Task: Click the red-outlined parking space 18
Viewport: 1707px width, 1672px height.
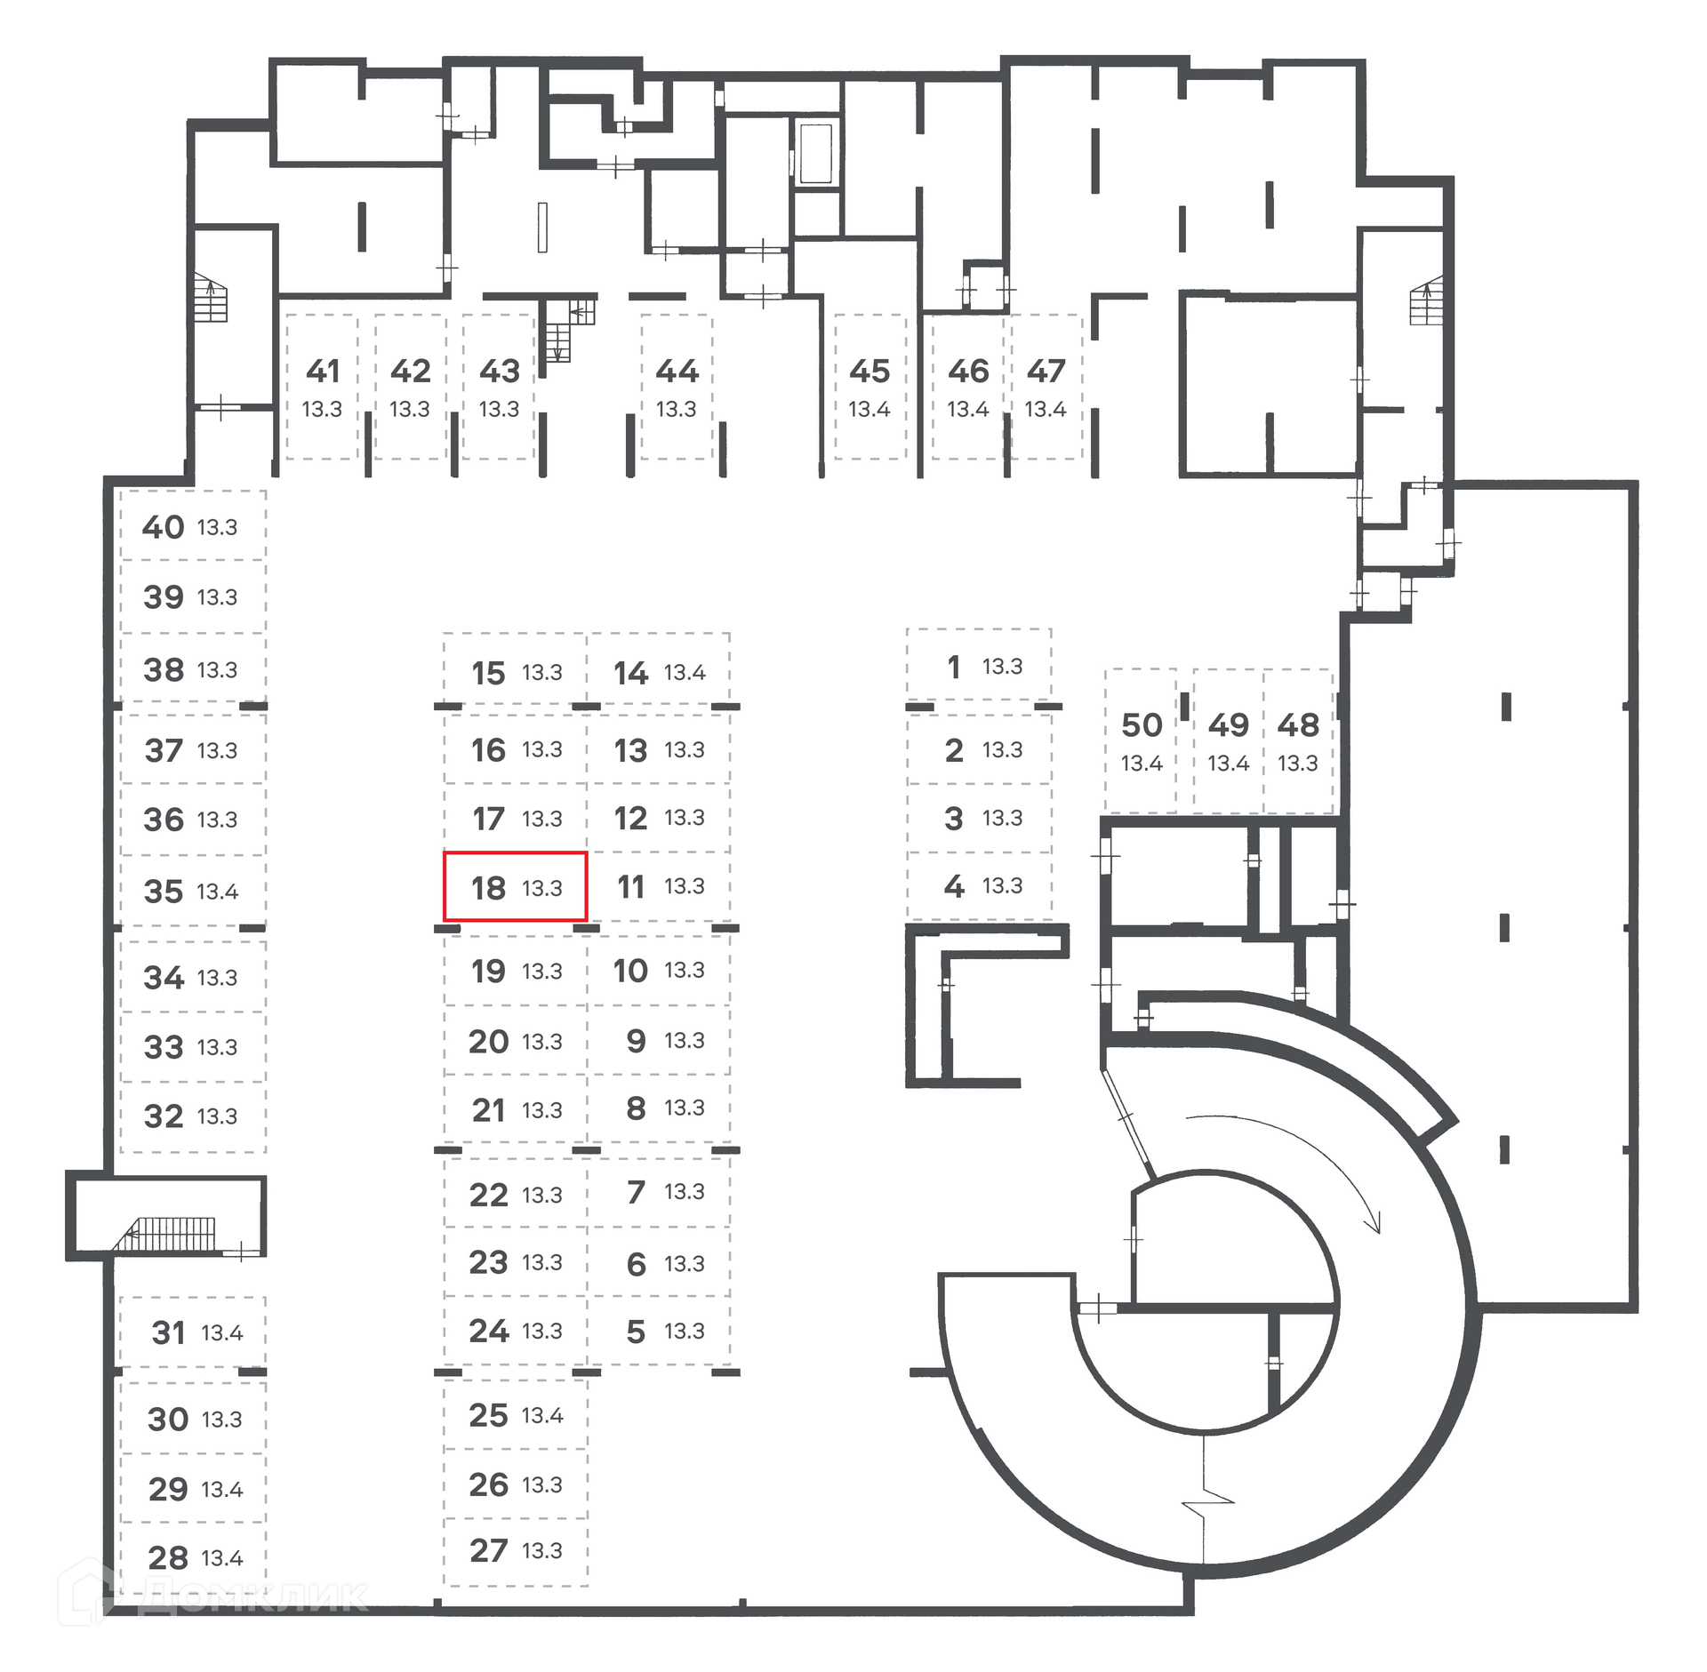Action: click(x=515, y=886)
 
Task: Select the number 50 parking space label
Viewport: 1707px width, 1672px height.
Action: click(x=1142, y=725)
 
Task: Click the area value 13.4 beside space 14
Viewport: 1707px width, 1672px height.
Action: click(x=685, y=673)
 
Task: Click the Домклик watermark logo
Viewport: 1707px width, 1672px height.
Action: click(x=213, y=1596)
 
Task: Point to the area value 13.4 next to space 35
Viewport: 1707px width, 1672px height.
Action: click(x=218, y=892)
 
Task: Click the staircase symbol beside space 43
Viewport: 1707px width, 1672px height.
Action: click(x=564, y=329)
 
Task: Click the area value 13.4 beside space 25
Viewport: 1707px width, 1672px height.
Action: click(x=542, y=1415)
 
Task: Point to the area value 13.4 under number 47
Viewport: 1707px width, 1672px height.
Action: click(x=1046, y=409)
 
